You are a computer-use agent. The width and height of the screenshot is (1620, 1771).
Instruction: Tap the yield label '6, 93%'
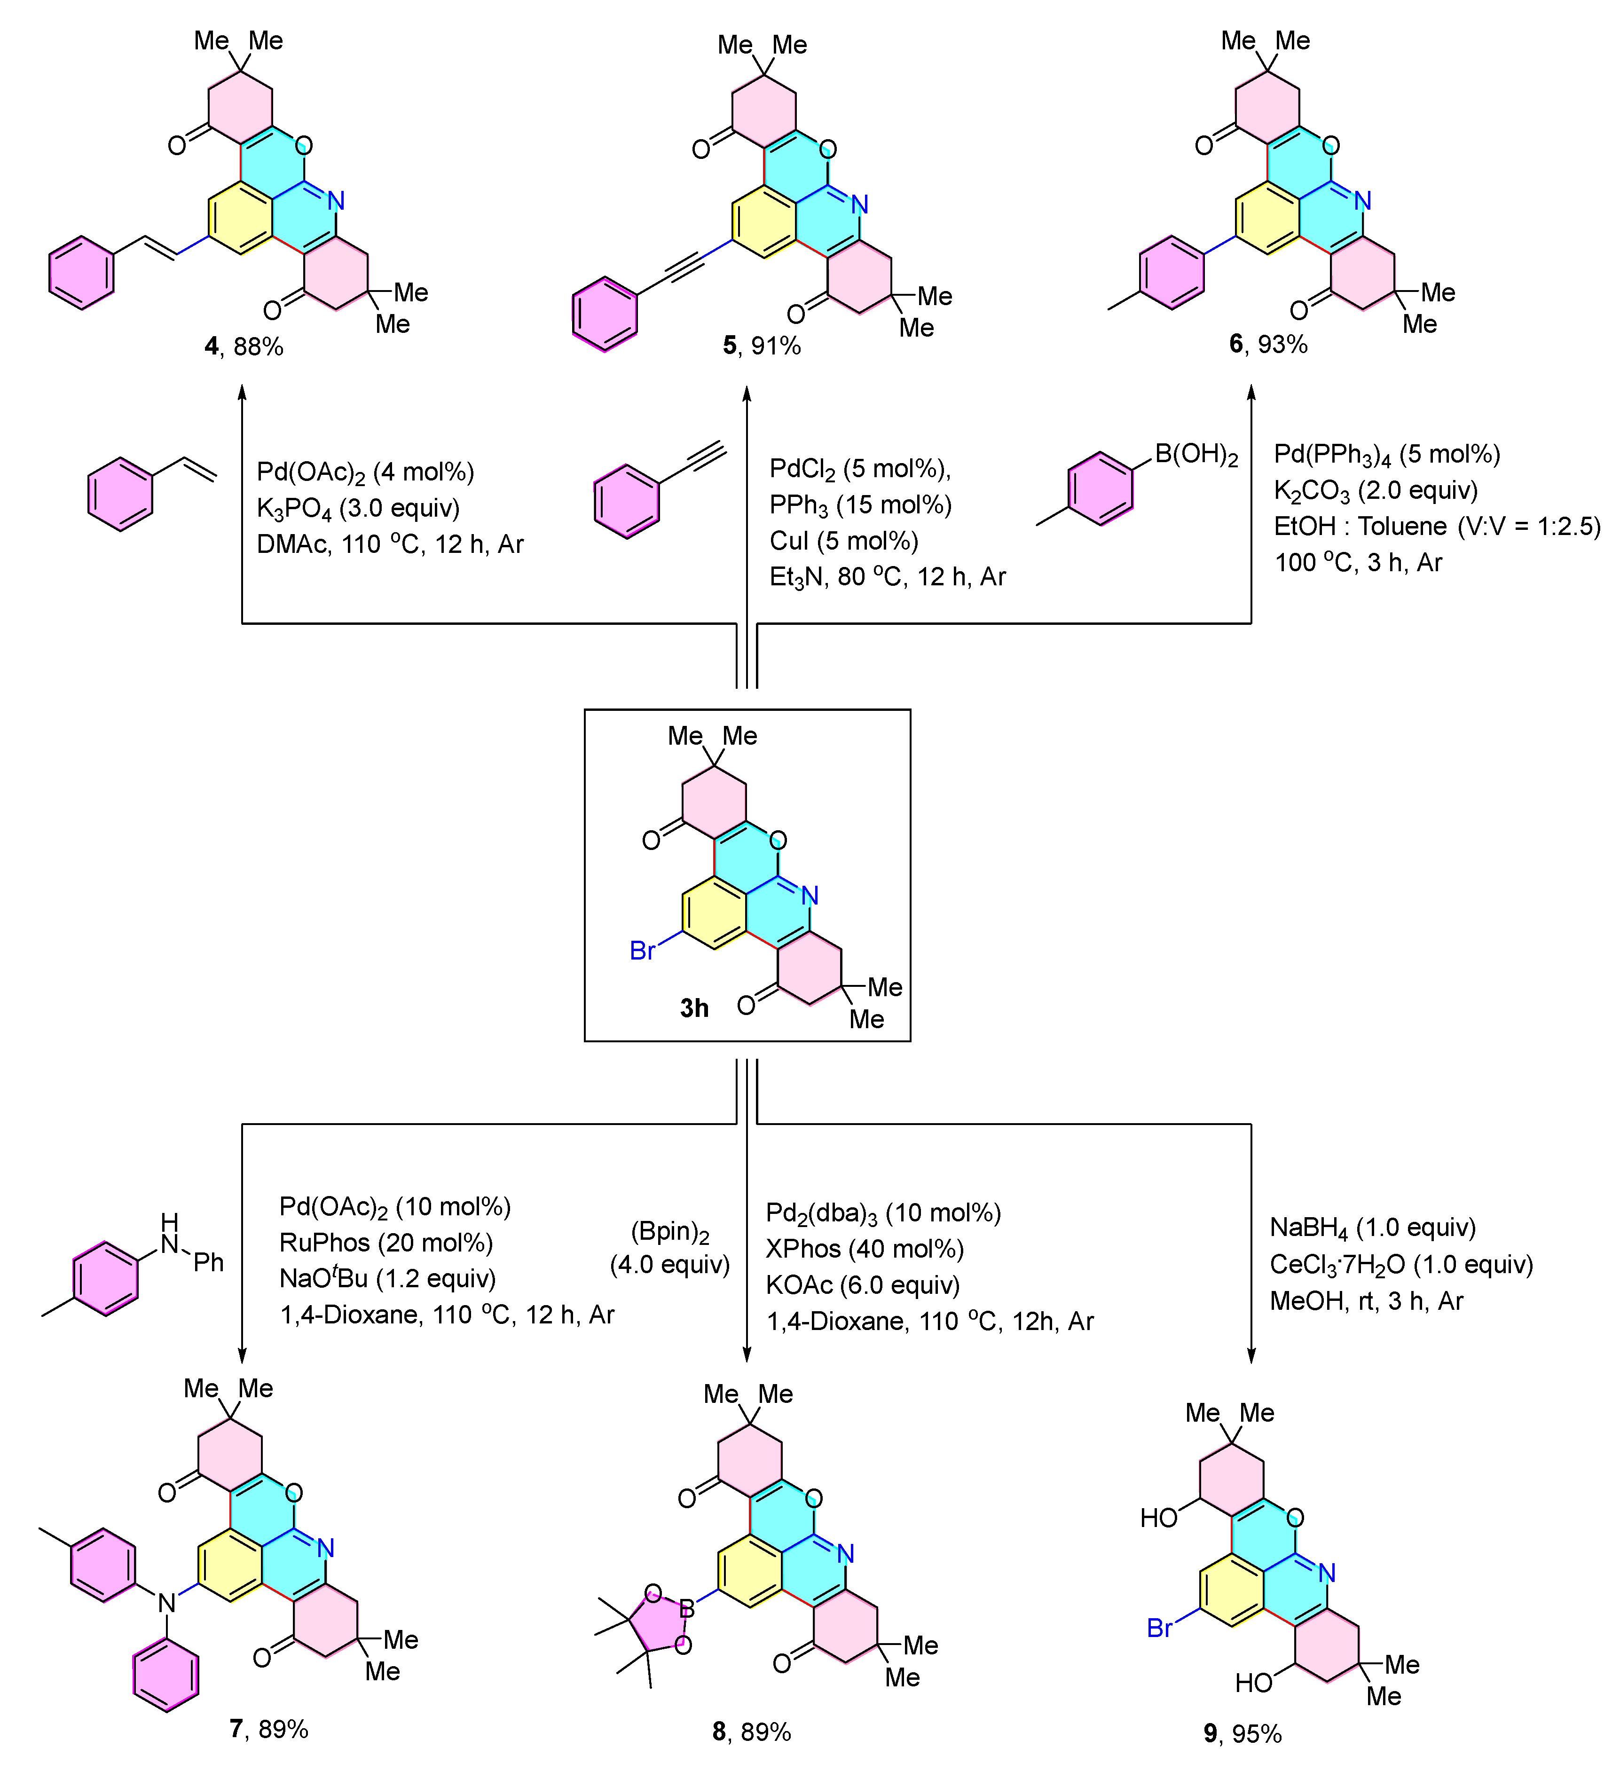coord(1268,344)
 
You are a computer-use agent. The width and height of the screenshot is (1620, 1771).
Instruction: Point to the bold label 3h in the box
coord(694,1008)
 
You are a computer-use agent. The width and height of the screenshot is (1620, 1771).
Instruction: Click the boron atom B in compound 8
coord(687,1608)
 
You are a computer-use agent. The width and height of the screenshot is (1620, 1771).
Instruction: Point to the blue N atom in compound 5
coord(859,205)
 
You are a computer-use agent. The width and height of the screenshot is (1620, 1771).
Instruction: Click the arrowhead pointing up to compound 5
coord(747,393)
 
